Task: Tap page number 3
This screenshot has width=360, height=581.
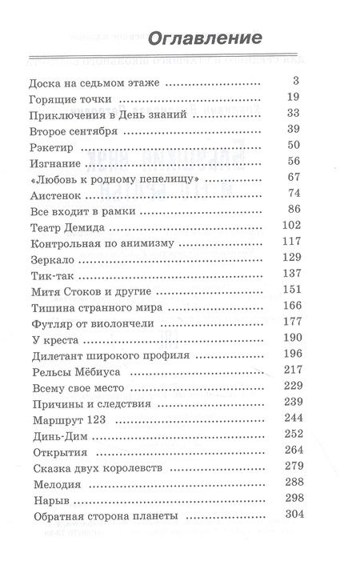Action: pos(294,81)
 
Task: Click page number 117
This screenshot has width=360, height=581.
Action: pos(287,242)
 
